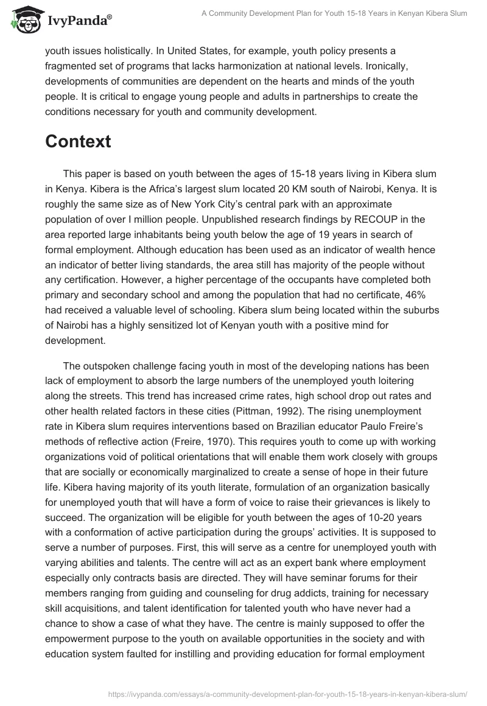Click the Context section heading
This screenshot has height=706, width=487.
78,141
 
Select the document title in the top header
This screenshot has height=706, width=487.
334,13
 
